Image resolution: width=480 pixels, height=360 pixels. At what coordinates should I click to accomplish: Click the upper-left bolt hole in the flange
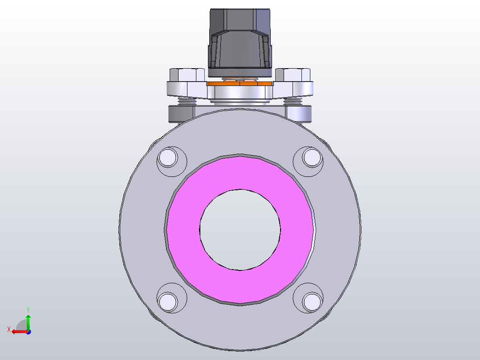[x=168, y=158]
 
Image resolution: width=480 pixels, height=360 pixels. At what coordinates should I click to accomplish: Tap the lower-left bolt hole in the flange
[x=168, y=301]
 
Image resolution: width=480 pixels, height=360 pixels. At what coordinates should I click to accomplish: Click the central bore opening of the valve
[x=240, y=229]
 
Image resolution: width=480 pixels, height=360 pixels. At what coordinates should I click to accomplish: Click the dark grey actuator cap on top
[x=240, y=40]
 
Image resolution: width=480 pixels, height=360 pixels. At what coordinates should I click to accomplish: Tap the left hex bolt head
[x=187, y=74]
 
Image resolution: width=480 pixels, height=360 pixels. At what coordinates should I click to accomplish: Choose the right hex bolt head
[x=293, y=74]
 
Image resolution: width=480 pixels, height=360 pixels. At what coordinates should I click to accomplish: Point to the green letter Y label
[x=28, y=310]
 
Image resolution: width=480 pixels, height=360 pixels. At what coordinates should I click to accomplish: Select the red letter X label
[x=8, y=329]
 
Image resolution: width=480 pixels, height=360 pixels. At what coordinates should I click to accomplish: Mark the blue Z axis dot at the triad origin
[x=28, y=332]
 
